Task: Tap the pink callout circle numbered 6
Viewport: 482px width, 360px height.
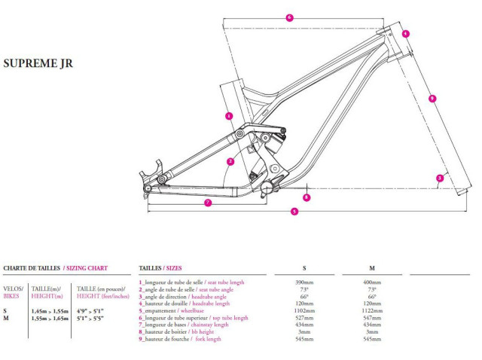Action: tap(289, 17)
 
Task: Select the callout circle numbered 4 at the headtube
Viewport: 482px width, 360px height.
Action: tap(405, 34)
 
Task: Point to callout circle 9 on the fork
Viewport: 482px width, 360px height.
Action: tap(432, 98)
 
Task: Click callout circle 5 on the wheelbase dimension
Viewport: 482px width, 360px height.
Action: tap(294, 212)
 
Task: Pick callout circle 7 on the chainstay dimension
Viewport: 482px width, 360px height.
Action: tap(207, 203)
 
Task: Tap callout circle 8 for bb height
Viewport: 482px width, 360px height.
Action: tap(307, 197)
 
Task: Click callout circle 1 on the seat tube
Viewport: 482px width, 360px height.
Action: tap(229, 116)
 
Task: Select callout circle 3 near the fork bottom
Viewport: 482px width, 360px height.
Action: tap(439, 178)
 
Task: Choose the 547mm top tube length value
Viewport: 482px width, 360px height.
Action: tap(372, 318)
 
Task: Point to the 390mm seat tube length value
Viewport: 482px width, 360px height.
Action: tap(303, 282)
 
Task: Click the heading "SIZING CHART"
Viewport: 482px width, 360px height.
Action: tap(86, 267)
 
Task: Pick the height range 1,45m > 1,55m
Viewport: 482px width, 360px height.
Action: tap(49, 310)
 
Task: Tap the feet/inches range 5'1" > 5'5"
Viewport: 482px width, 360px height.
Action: tap(90, 318)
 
